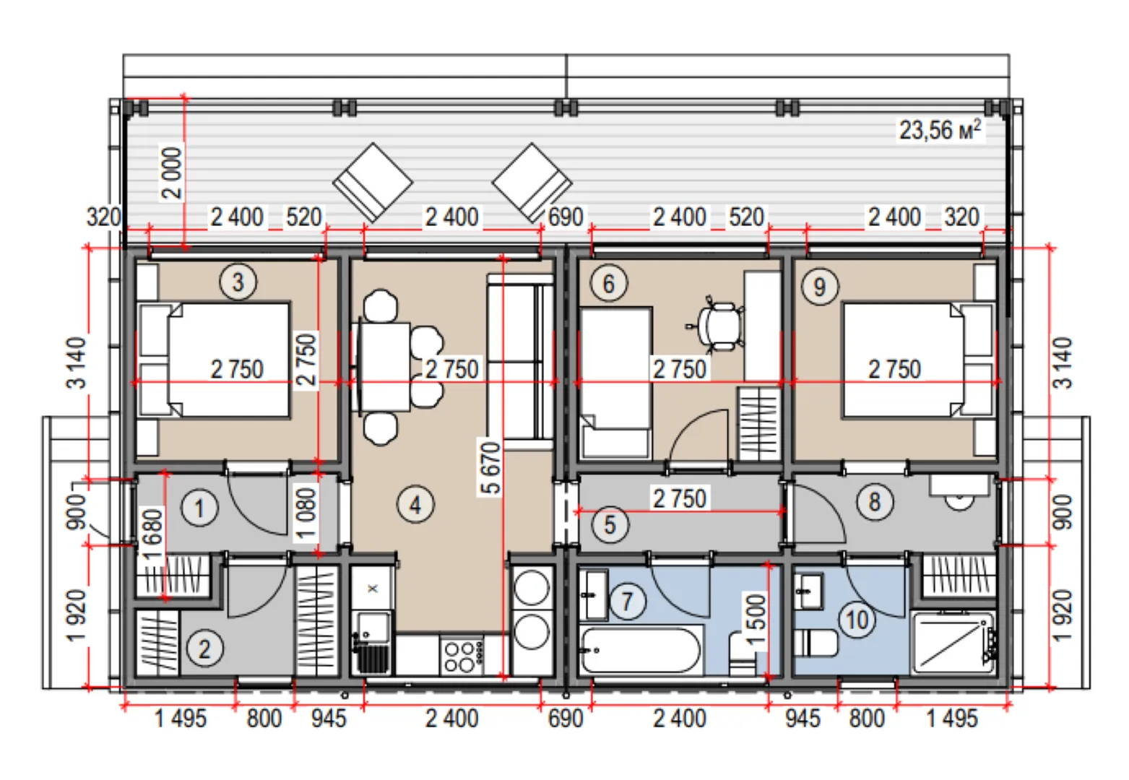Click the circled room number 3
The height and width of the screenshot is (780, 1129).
click(238, 282)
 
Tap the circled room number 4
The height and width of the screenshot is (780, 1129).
click(415, 504)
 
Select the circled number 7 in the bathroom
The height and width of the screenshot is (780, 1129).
click(628, 601)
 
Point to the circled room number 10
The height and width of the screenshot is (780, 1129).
click(857, 620)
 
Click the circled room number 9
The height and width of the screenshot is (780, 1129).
click(820, 287)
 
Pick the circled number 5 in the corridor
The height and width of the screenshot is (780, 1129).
click(610, 524)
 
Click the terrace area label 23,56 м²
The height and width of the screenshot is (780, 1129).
click(940, 130)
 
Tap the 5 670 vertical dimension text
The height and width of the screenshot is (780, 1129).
click(490, 467)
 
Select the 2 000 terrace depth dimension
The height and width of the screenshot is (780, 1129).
click(171, 173)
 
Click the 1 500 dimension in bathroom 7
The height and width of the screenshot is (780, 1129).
click(756, 620)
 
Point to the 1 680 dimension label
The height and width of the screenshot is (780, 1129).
click(152, 533)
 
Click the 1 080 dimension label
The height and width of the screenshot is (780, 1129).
click(306, 513)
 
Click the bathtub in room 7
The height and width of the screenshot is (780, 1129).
click(640, 649)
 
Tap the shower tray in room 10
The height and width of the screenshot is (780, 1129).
click(954, 643)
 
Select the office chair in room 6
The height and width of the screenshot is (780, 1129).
click(717, 326)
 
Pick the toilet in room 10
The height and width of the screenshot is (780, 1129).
click(815, 643)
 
